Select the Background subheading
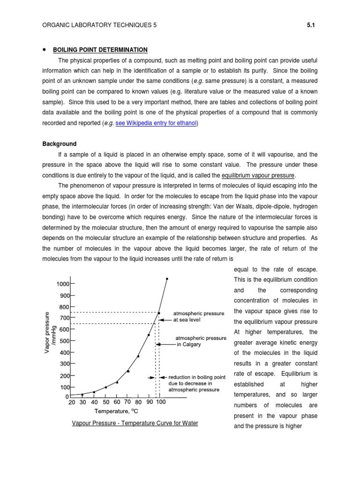tap(60, 144)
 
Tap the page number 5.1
tap(309, 26)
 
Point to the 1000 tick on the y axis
tap(62, 284)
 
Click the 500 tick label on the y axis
tap(63, 341)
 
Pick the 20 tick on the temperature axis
tap(71, 402)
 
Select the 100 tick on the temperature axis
tap(160, 402)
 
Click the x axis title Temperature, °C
tap(116, 412)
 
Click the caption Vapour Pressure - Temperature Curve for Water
tap(135, 423)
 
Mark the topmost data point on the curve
tap(167, 279)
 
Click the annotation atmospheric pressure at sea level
tap(199, 316)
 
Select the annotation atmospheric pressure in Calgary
tap(201, 341)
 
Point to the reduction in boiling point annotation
tap(196, 382)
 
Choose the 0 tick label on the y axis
tap(67, 397)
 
